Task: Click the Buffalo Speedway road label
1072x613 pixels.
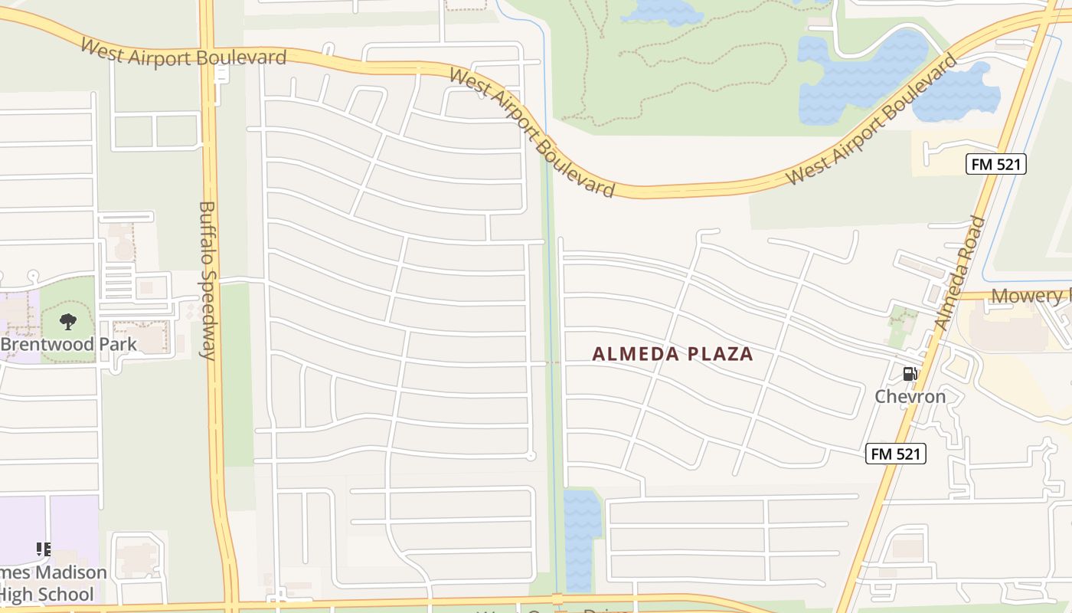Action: tap(208, 280)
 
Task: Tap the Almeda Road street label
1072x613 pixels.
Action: tap(959, 274)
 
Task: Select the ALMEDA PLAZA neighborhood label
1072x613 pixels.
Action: tap(673, 354)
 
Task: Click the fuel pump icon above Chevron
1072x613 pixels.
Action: tap(910, 374)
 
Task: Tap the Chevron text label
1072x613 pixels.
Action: tap(910, 397)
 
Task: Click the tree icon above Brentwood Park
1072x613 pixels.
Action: tap(67, 322)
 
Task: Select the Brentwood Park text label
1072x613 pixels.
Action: tap(69, 344)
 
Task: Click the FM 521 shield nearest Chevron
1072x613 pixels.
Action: tap(896, 454)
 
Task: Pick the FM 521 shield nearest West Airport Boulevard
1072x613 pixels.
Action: tap(995, 164)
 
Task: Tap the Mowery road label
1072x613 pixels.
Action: tap(1030, 297)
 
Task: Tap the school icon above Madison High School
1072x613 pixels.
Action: tap(44, 549)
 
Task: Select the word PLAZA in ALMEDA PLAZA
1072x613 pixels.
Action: tap(720, 354)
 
